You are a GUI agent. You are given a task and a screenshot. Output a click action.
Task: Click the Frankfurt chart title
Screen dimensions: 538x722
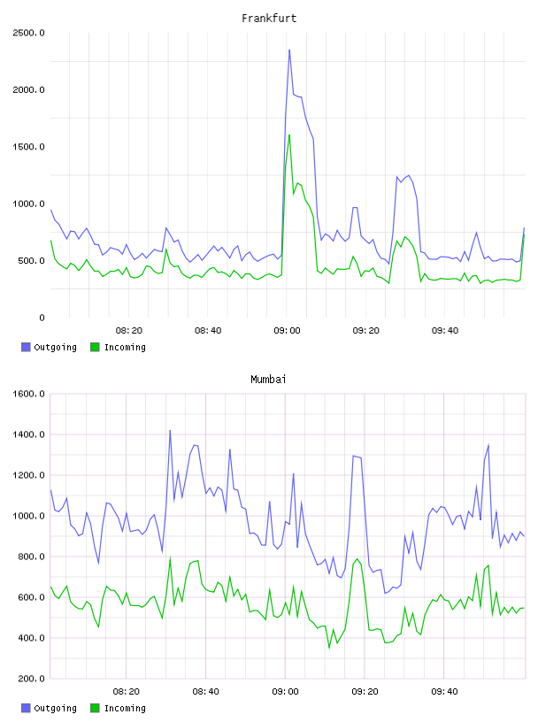269,19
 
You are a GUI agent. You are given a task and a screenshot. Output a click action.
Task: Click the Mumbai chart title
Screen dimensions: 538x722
268,380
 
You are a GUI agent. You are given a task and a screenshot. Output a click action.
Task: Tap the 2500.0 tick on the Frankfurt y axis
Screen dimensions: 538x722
28,33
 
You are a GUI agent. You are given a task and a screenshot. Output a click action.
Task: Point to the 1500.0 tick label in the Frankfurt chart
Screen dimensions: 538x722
28,147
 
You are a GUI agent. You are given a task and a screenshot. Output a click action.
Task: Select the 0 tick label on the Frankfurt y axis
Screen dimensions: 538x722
42,318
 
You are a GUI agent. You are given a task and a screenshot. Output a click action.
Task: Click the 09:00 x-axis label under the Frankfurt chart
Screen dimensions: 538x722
287,331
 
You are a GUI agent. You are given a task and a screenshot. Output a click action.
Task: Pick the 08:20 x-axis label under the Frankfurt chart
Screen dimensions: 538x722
129,331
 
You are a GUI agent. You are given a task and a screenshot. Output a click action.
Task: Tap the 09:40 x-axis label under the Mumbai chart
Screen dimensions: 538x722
444,692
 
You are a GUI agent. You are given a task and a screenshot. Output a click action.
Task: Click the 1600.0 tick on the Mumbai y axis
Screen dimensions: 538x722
28,394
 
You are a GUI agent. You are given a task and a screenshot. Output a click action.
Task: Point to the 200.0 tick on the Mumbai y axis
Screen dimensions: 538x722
30,679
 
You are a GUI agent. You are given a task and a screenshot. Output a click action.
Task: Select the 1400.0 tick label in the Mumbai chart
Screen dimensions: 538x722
28,434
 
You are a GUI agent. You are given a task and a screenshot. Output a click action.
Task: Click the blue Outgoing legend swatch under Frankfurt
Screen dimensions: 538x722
26,347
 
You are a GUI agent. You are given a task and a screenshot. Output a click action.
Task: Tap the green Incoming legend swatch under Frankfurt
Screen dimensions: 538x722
95,347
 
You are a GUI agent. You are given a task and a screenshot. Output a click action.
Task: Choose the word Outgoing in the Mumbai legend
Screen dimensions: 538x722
55,708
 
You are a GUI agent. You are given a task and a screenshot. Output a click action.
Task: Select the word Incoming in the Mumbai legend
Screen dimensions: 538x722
125,708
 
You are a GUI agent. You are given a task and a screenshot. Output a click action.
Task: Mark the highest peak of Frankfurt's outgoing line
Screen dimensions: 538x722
289,50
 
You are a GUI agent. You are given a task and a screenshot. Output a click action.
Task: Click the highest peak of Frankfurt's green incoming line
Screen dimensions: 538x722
289,134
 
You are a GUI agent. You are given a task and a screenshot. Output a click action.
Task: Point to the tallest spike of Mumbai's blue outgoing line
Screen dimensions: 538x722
170,431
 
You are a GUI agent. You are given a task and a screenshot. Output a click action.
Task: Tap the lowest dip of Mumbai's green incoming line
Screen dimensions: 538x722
329,648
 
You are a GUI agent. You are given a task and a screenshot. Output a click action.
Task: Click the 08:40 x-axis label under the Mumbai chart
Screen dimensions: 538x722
206,692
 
